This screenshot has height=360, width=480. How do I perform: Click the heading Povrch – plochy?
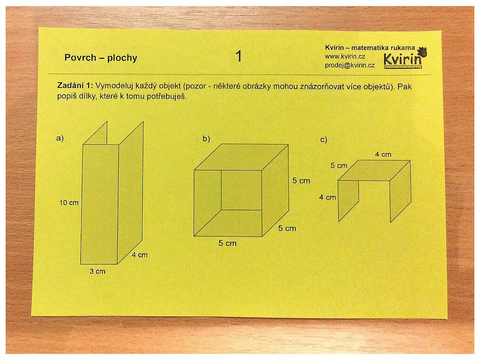pos(101,58)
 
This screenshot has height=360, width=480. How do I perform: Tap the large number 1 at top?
pos(239,56)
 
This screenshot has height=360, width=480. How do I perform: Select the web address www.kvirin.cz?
pos(345,57)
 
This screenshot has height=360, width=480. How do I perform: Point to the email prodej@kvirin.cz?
pos(350,65)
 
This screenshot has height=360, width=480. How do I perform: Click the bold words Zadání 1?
pos(75,86)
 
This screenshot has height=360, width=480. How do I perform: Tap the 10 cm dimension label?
pos(69,202)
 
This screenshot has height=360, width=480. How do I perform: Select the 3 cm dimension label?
pos(97,271)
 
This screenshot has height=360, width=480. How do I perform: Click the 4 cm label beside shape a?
pos(140,255)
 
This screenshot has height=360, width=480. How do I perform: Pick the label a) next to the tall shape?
pos(60,138)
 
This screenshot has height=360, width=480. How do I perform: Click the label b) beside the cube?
pos(206,139)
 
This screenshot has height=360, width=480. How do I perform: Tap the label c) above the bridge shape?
pos(323,140)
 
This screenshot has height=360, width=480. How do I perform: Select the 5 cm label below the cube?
pos(227,243)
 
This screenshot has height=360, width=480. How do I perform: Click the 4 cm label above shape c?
pos(383,155)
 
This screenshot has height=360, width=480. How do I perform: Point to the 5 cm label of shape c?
pos(339,165)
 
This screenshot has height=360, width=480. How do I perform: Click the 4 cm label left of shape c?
pos(328,197)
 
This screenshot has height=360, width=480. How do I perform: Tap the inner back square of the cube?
pos(241,190)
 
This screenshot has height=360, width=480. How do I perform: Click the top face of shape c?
pos(374,171)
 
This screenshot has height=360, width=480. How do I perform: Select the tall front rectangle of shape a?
pos(100,204)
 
